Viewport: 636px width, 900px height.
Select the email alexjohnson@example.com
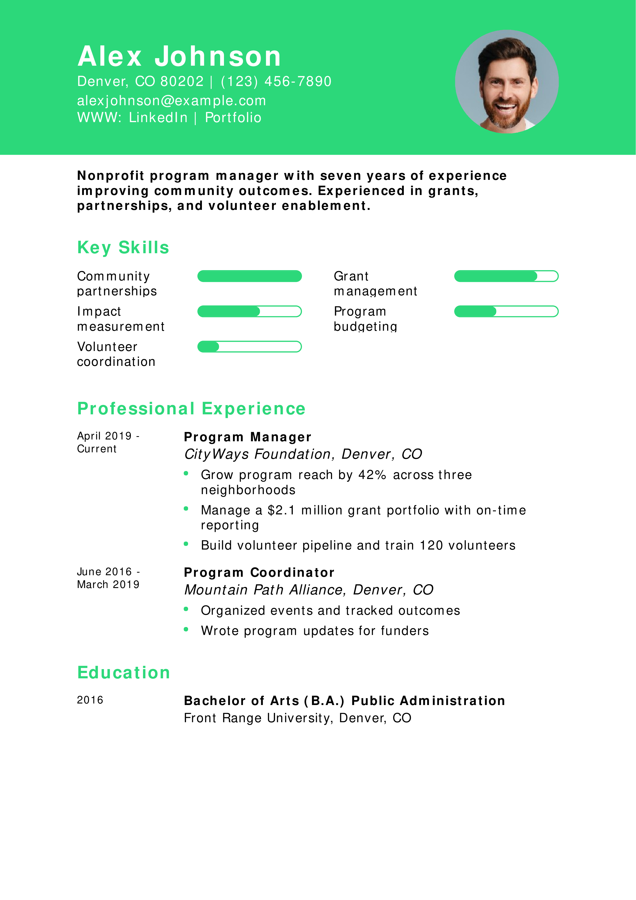click(171, 101)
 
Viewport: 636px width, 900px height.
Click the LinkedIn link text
click(158, 118)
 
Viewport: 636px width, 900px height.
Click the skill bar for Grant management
click(506, 276)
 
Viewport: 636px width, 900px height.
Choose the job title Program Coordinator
click(259, 572)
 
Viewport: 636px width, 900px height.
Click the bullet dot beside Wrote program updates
click(186, 630)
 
